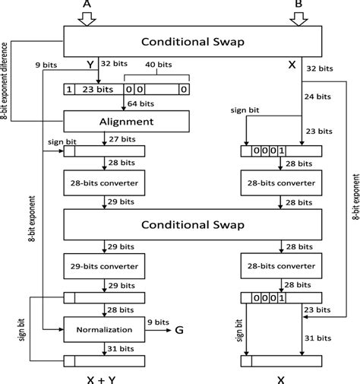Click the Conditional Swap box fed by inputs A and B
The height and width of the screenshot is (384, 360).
197,42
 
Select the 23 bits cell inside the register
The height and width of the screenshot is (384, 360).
97,90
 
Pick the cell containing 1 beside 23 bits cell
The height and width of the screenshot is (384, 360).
70,90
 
